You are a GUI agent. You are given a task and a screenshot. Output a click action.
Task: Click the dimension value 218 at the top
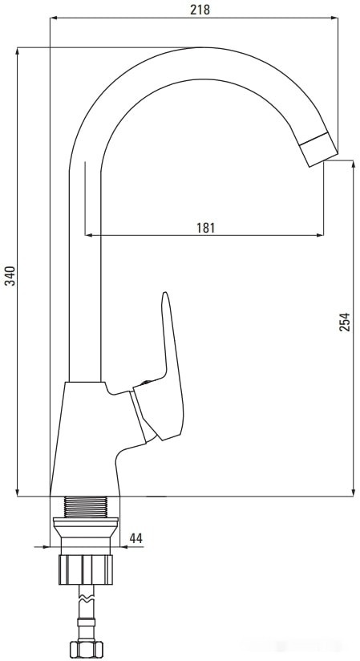(x=200, y=10)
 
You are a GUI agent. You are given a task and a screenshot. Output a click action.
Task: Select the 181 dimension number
(x=205, y=227)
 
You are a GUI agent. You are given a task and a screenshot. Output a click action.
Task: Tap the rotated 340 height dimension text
(x=10, y=278)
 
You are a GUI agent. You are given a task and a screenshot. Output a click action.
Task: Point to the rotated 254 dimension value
(x=345, y=321)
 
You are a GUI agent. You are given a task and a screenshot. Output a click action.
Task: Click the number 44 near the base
(x=136, y=537)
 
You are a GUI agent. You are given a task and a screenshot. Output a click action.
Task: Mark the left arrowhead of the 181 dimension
(x=88, y=235)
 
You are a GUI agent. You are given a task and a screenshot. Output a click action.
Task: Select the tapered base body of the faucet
(x=88, y=437)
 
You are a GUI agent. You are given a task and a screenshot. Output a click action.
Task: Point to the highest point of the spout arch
(x=204, y=50)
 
